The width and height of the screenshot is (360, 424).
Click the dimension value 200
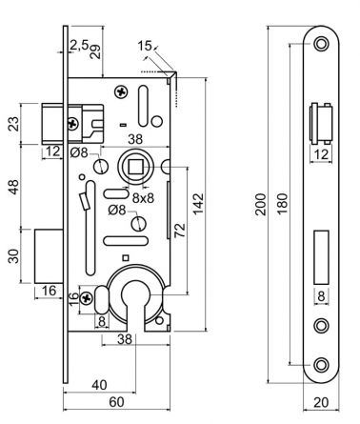[x=259, y=207]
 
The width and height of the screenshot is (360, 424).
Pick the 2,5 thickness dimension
[x=78, y=45]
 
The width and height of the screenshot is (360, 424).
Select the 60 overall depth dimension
[x=116, y=402]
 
